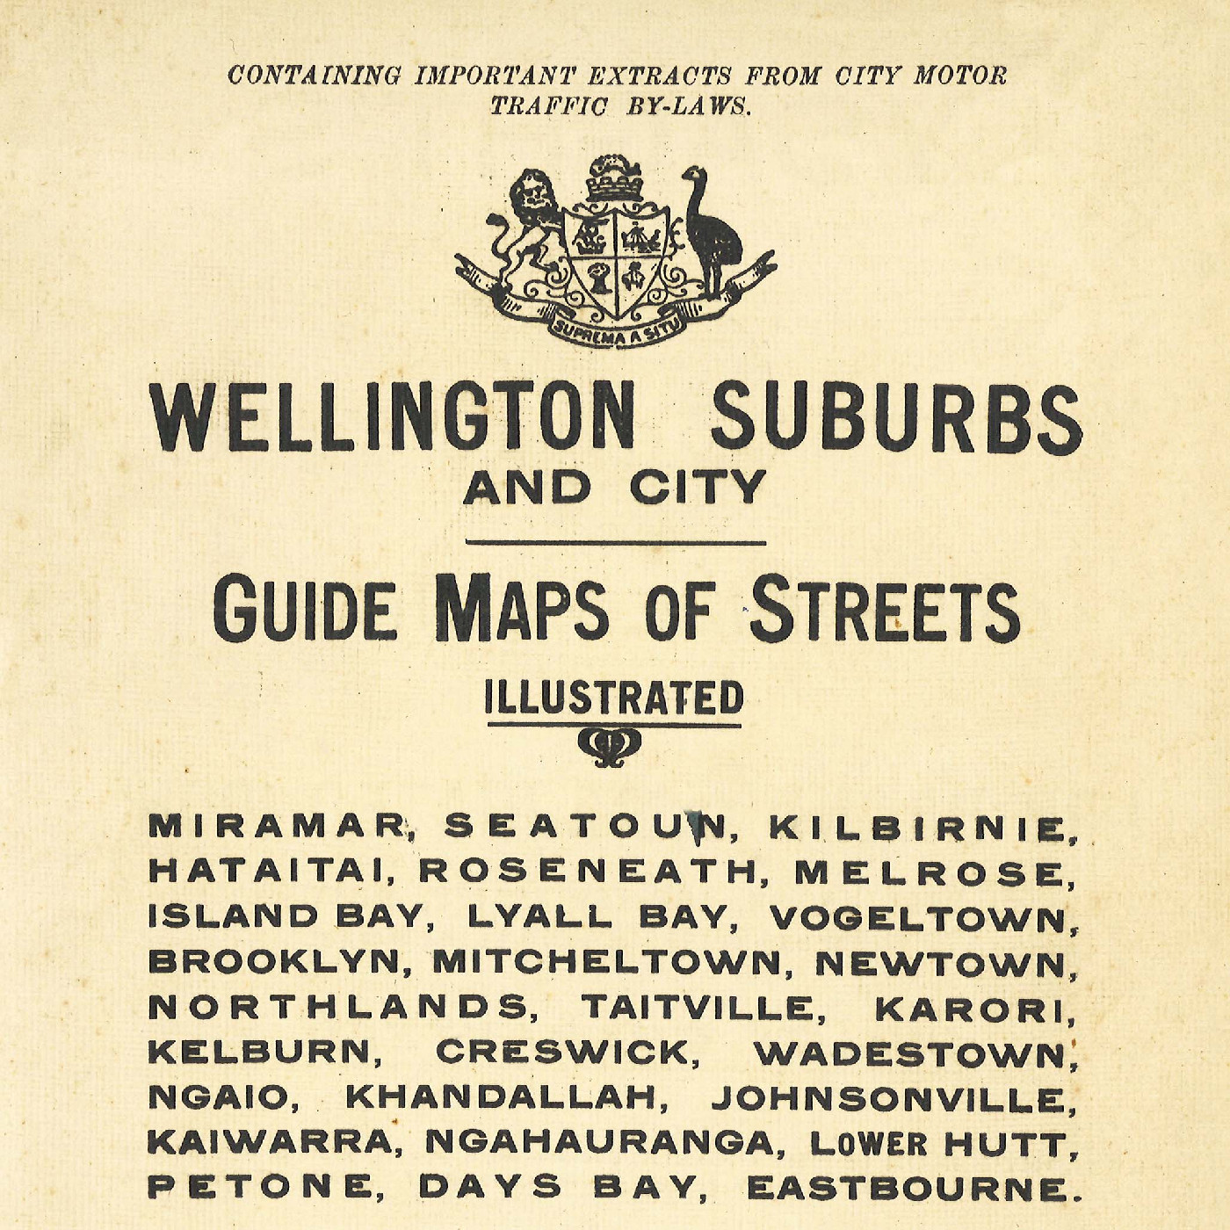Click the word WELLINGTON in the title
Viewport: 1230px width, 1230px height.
click(x=392, y=417)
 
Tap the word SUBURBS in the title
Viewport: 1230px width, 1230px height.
click(x=896, y=420)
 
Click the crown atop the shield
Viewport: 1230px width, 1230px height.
click(x=615, y=179)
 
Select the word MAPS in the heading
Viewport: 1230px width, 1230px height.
click(x=522, y=608)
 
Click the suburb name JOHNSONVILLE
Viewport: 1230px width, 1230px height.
click(x=892, y=1099)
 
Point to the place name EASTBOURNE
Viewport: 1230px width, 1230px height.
click(x=908, y=1189)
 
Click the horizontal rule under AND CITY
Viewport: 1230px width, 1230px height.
click(x=615, y=543)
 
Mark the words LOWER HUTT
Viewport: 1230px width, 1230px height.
click(x=937, y=1144)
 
